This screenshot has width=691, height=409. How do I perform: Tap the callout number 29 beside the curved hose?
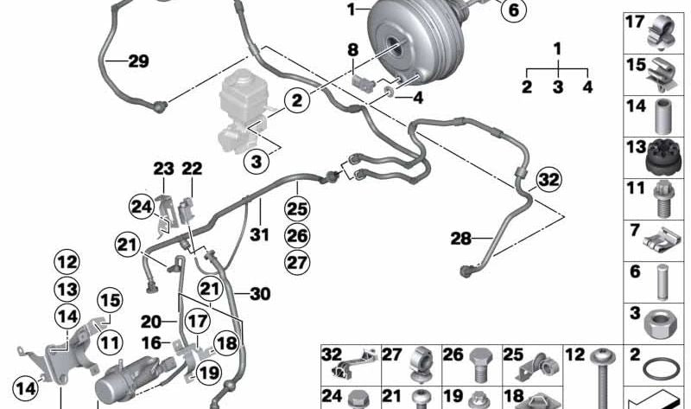tap(138, 61)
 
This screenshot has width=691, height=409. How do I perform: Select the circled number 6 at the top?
tap(514, 10)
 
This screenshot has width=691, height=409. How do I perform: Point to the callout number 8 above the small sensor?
tap(353, 50)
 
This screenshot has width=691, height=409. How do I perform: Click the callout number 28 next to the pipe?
tap(461, 239)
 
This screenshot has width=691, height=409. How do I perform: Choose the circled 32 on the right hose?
tap(549, 180)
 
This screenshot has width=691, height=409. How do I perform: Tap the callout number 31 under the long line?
tap(259, 233)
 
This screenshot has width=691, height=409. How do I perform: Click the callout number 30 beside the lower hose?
tap(260, 293)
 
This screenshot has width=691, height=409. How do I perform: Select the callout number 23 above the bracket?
tap(163, 169)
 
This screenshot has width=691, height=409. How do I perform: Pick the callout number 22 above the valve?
tap(192, 168)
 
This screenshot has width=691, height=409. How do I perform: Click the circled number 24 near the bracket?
tap(142, 207)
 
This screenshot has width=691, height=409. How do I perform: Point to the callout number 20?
tap(150, 322)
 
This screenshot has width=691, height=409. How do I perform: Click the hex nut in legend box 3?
tap(657, 326)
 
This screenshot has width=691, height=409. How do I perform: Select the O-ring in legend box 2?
tap(661, 367)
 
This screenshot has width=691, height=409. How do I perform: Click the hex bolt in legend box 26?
tap(479, 365)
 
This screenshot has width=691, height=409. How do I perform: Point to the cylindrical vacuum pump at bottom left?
tap(125, 378)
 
